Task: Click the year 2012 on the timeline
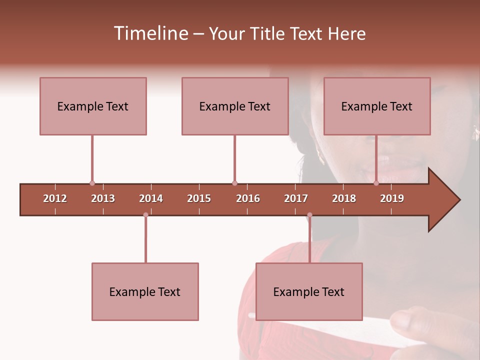pos(55,198)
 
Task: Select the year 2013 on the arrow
pos(103,198)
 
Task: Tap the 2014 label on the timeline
pos(151,198)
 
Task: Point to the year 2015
pos(199,198)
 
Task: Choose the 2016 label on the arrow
pos(248,198)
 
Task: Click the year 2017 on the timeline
pos(296,198)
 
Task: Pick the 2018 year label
pos(344,198)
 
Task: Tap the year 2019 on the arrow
pos(392,198)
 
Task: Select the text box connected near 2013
pos(93,106)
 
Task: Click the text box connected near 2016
pos(235,106)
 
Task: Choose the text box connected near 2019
pos(377,106)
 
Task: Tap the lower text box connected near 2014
pos(145,291)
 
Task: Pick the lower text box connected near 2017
pos(309,291)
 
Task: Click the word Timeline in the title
pos(150,33)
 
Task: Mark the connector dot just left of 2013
pos(92,183)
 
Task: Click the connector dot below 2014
pos(145,215)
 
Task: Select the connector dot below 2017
pos(309,215)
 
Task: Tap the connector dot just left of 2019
pos(376,183)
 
